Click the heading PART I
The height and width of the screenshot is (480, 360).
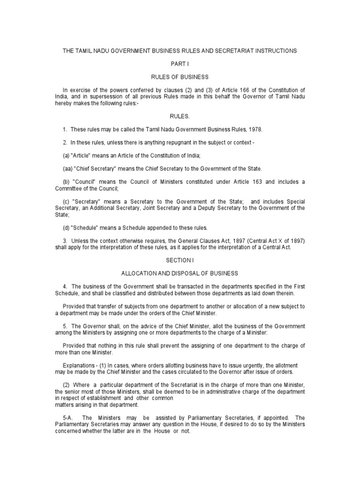pos(180,63)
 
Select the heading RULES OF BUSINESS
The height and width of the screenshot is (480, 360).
pos(180,76)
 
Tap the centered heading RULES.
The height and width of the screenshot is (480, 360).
pos(180,116)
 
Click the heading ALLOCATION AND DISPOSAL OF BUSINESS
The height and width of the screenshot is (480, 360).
pos(180,273)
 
